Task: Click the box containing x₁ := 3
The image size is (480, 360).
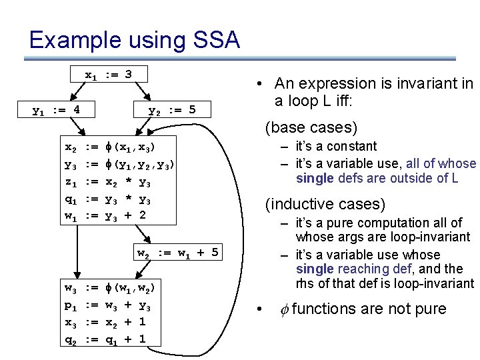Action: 109,74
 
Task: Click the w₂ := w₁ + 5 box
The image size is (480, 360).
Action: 177,252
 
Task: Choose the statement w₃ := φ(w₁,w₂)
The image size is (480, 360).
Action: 110,287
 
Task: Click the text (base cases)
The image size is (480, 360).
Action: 311,127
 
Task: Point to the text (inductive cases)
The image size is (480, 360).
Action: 326,203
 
